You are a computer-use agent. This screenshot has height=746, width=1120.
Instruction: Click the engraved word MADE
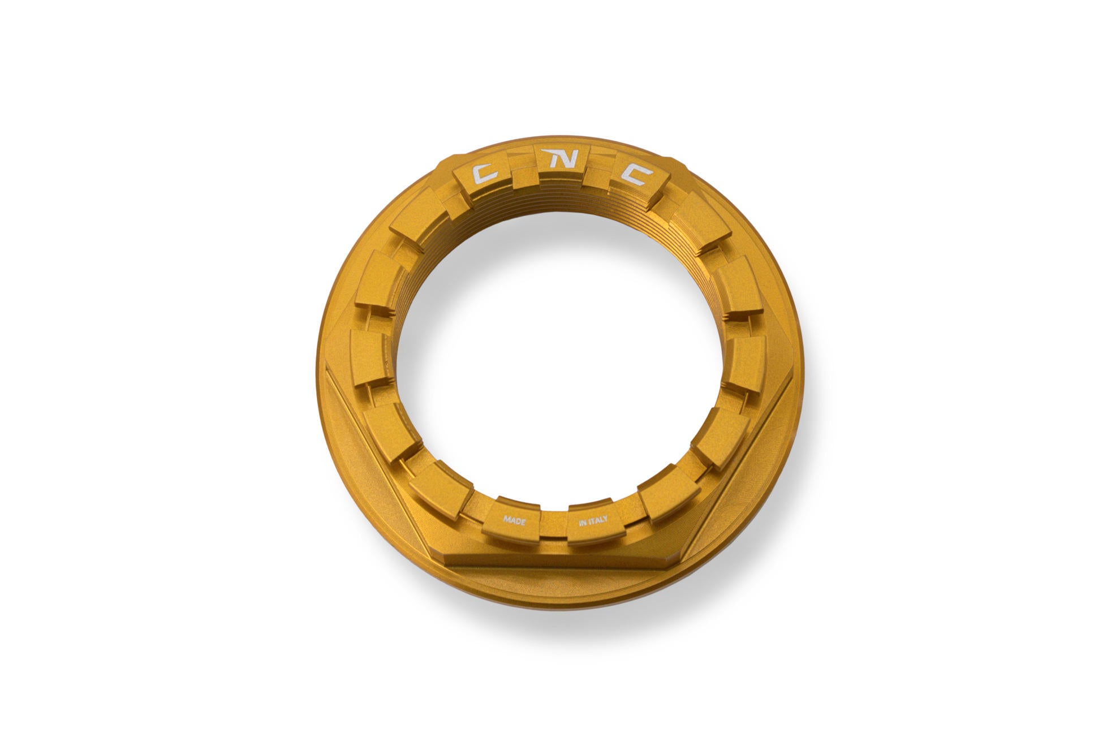[x=514, y=519]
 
